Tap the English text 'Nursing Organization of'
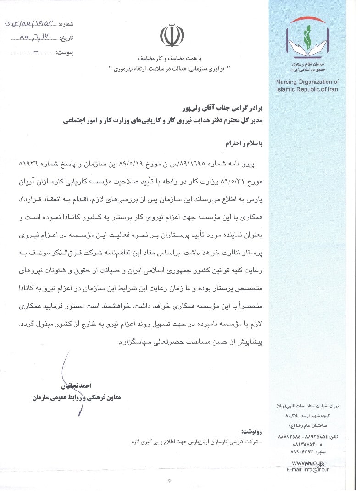pos(307,82)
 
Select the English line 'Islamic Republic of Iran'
pos(307,89)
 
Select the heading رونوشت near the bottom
pos(252,432)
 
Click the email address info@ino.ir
pos(308,469)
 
